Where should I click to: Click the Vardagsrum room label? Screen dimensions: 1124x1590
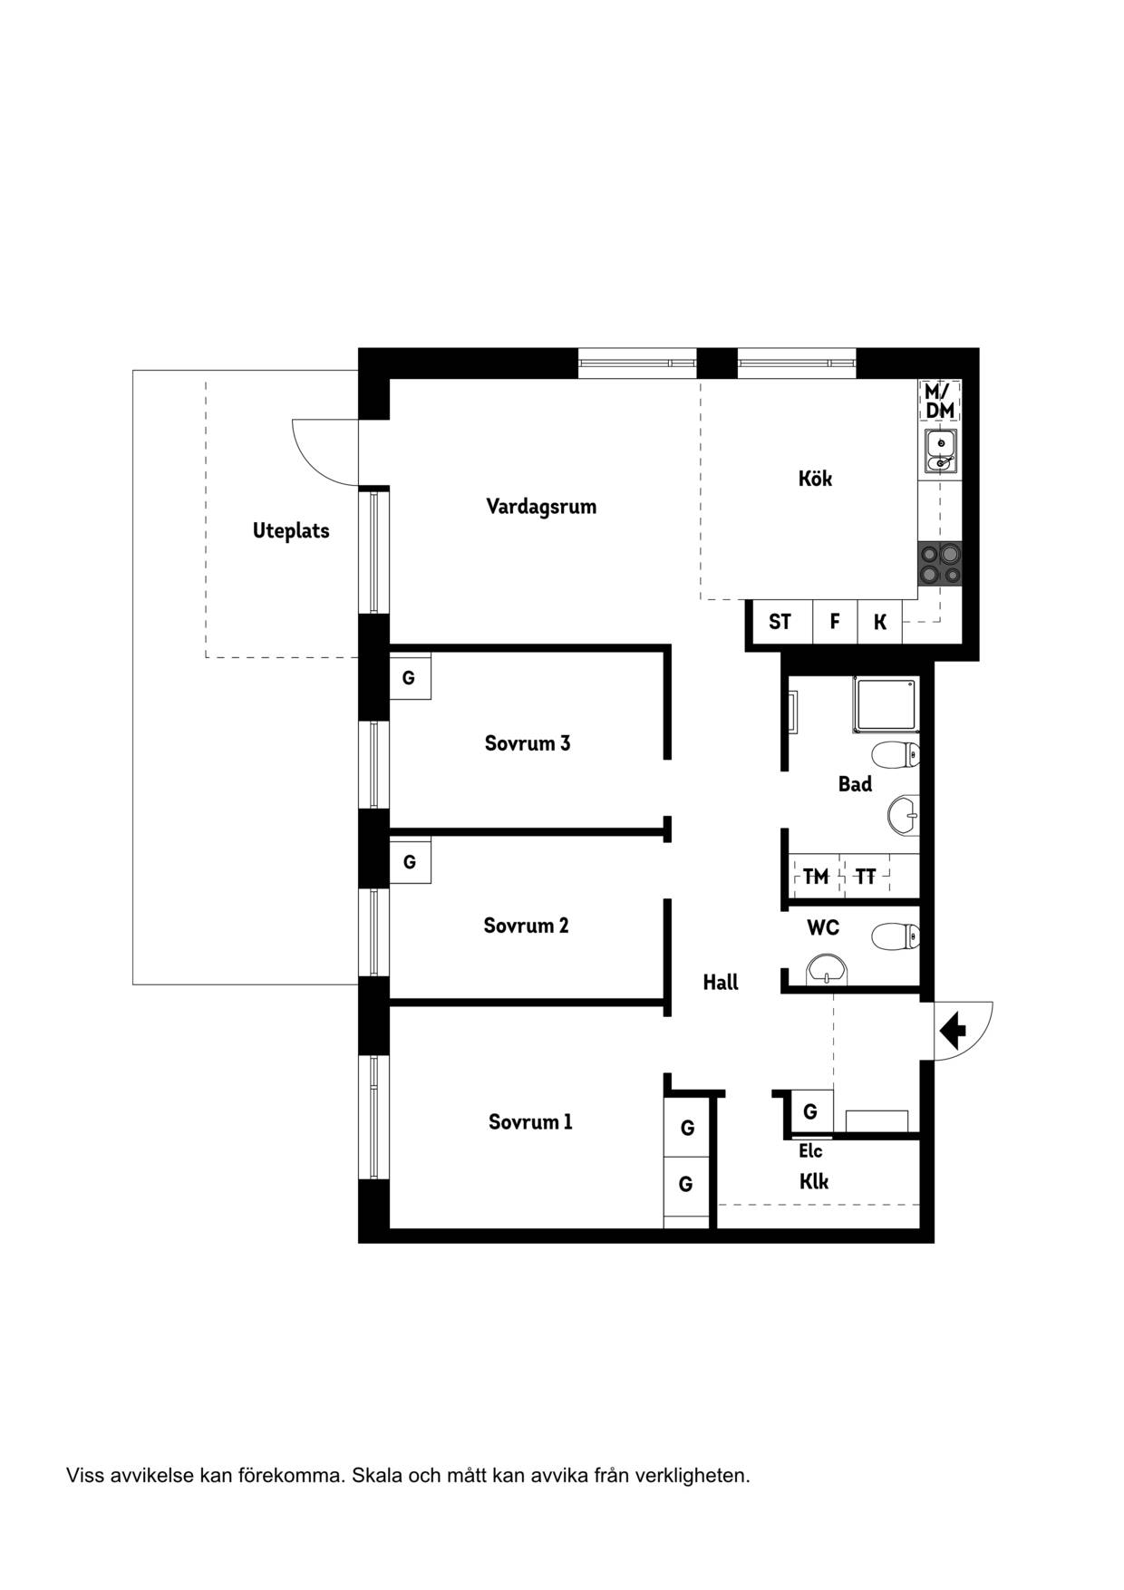coord(541,507)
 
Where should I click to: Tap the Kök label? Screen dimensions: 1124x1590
coord(815,478)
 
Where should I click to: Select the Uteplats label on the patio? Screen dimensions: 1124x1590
coord(291,531)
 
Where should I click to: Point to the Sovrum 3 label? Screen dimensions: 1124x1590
coord(528,743)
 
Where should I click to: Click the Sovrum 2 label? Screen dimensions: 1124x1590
coord(526,926)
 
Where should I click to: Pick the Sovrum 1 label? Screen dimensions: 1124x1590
coord(530,1122)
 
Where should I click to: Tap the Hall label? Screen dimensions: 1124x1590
coord(721,982)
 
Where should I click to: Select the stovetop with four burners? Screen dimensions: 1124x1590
coord(940,563)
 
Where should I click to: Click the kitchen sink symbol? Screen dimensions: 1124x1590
coord(941,451)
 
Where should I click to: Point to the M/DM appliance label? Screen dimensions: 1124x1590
coord(940,401)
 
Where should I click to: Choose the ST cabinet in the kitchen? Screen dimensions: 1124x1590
coord(780,622)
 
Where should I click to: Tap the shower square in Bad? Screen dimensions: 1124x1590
coord(885,704)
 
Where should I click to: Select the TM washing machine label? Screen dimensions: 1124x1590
coord(816,877)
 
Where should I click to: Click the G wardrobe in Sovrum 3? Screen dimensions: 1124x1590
coord(410,677)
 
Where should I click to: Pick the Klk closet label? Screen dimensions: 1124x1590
coord(814,1181)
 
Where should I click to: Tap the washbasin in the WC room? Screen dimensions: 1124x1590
coord(826,969)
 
